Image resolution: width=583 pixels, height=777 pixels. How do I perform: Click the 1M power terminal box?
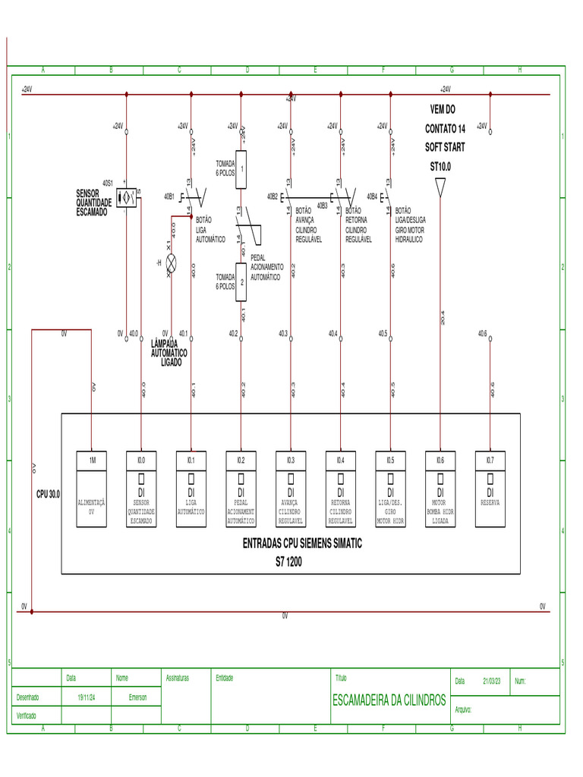[x=92, y=460]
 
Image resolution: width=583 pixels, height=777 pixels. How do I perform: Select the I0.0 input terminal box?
[x=141, y=460]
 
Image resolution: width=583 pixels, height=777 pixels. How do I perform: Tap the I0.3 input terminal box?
[x=291, y=460]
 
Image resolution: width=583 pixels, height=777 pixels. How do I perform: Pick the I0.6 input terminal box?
[x=440, y=460]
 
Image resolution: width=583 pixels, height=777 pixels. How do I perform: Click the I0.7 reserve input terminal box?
[x=490, y=460]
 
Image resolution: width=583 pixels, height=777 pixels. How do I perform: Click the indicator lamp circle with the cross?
[x=172, y=263]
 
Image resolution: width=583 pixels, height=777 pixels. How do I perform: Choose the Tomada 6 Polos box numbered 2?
[x=241, y=282]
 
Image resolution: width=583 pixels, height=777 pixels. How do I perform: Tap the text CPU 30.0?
[x=49, y=494]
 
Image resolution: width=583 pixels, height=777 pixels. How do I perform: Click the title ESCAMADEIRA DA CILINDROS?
[x=389, y=700]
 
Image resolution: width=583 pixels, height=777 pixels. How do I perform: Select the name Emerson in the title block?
[x=137, y=697]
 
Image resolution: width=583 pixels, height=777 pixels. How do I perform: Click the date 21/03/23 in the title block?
[x=493, y=681]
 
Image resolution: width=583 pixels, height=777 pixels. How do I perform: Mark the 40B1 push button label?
[x=169, y=196]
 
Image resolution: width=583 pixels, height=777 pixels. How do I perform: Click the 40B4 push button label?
[x=372, y=196]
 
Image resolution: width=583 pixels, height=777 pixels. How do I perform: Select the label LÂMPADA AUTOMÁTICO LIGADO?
[x=169, y=353]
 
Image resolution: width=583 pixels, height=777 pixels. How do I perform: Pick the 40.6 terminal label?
[x=482, y=333]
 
